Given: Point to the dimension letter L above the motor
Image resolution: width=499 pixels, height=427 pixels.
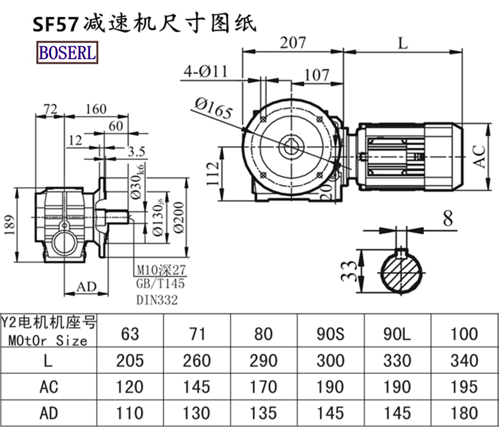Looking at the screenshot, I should (402, 43).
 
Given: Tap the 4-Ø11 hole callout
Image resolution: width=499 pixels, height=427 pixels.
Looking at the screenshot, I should (206, 72).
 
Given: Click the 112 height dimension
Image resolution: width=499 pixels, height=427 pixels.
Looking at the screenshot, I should (212, 175).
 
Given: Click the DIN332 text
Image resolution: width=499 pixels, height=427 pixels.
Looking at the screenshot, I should (157, 300).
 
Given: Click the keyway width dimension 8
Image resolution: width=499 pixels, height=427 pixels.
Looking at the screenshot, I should (447, 218).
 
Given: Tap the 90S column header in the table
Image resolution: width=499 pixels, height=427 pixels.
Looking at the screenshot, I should (331, 333).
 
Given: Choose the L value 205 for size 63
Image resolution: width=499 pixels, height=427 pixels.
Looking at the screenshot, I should (130, 360).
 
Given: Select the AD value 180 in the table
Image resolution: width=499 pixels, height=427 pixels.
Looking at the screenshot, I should (463, 413).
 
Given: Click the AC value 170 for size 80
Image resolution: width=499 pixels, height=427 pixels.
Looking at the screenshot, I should (264, 386).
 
